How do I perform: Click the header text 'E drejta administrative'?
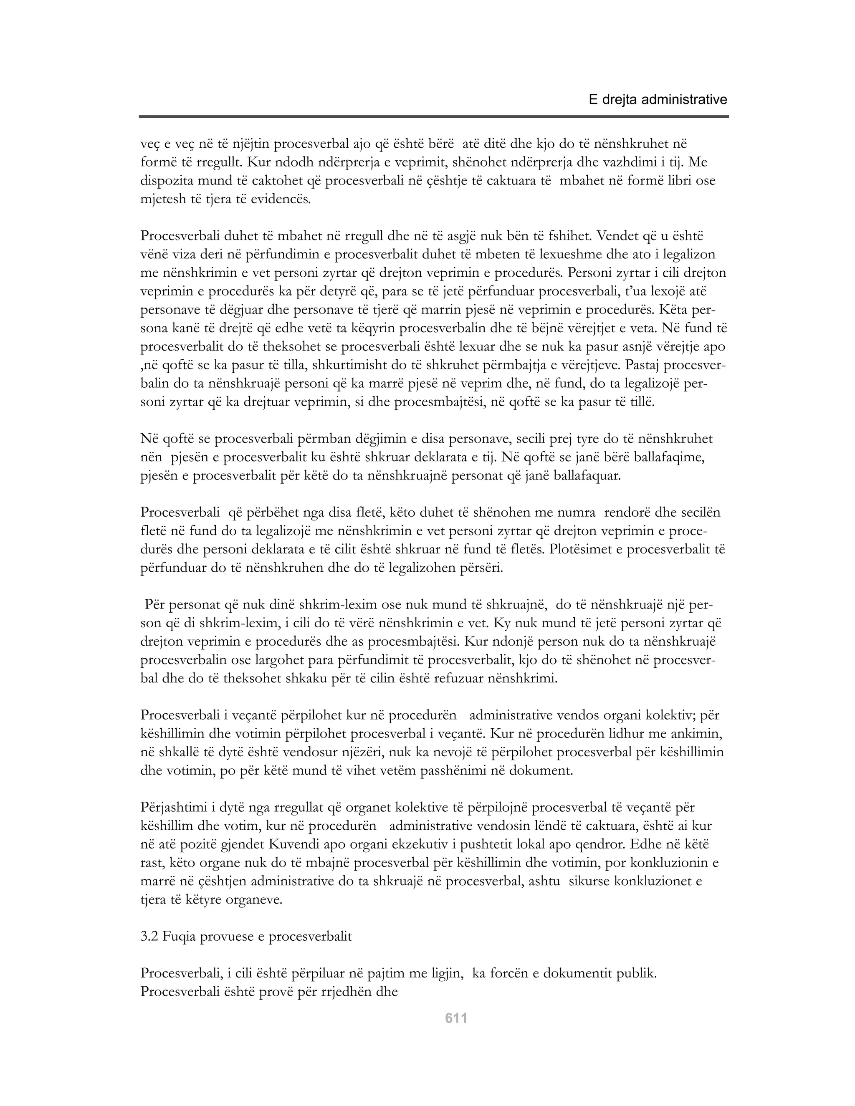click(x=658, y=100)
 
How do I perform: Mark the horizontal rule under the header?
click(x=434, y=117)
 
